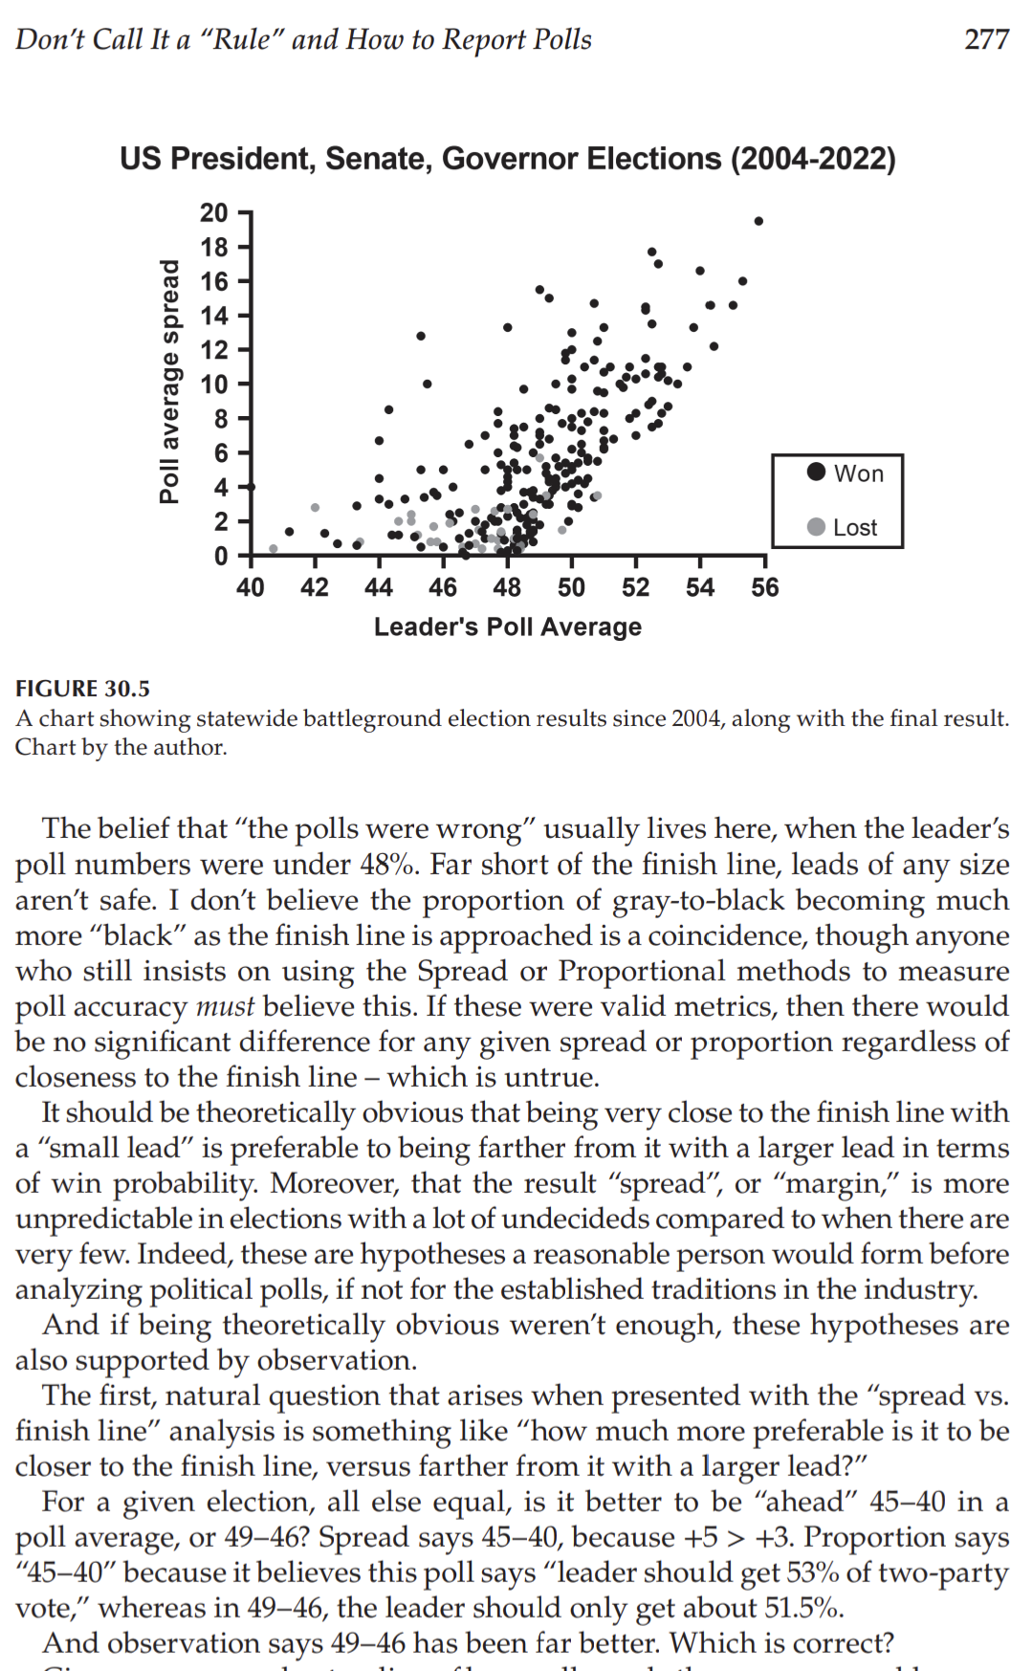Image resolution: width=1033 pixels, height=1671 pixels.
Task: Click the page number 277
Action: tap(986, 39)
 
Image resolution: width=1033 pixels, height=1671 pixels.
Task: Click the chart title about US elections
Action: tap(508, 158)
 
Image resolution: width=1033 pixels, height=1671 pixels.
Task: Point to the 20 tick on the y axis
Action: tap(214, 212)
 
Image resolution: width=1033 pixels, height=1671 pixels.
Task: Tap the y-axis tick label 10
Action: tap(214, 385)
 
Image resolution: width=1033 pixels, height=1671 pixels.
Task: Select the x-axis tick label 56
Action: tap(765, 587)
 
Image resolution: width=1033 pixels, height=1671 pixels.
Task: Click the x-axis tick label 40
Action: tap(251, 587)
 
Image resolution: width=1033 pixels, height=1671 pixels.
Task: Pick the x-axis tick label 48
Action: tap(507, 587)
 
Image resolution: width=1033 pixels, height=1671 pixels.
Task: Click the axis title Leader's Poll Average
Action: tap(508, 627)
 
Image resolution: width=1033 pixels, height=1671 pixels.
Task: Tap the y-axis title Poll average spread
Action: tap(169, 381)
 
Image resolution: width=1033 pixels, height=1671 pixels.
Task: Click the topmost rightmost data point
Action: tap(758, 221)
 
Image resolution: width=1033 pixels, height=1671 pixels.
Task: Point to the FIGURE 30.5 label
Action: tap(82, 689)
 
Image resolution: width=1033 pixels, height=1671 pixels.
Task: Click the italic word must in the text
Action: tap(225, 1006)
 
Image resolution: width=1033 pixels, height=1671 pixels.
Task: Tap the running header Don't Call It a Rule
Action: tap(303, 39)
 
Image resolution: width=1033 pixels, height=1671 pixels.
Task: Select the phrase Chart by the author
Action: tap(121, 747)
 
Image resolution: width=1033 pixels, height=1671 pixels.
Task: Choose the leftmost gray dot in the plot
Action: tap(274, 549)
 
